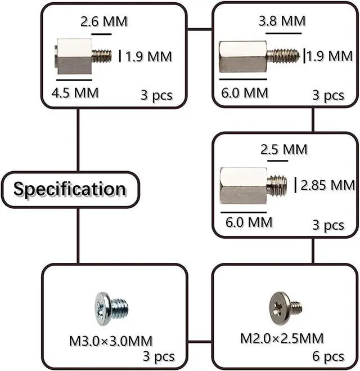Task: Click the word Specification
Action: [x=70, y=189]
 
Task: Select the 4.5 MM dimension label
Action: [x=75, y=92]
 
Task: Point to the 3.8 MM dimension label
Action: [x=282, y=21]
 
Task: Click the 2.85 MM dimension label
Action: [x=327, y=185]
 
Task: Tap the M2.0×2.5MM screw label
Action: [x=282, y=338]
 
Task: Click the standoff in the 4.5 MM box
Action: [x=82, y=57]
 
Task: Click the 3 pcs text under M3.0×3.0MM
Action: [x=158, y=357]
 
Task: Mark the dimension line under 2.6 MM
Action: [x=102, y=34]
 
